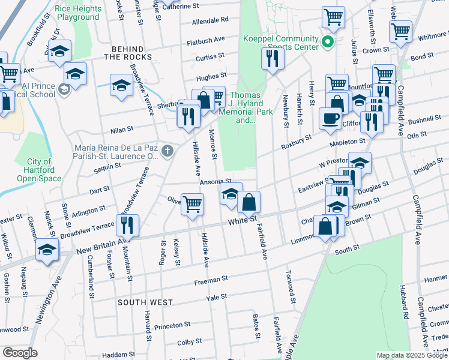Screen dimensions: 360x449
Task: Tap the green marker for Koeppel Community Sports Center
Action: (x=327, y=42)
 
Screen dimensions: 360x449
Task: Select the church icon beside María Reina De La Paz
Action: (x=167, y=151)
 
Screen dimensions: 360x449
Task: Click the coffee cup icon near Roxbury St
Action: (x=329, y=117)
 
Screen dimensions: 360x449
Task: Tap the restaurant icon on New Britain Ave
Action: (x=127, y=224)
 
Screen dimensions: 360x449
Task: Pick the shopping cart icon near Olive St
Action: (x=192, y=203)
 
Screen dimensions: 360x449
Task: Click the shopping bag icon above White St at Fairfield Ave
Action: (x=249, y=202)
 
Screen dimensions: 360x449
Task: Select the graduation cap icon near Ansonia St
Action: (x=231, y=193)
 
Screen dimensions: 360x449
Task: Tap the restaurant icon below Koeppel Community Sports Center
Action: (x=273, y=58)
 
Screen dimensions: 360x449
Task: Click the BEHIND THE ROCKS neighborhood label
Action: (x=128, y=52)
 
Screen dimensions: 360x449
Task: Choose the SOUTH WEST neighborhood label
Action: (x=145, y=302)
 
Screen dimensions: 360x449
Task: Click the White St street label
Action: (x=243, y=223)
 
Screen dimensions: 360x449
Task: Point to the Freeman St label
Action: (x=209, y=280)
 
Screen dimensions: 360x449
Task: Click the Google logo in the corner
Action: (x=20, y=353)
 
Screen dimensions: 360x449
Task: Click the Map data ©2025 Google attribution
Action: (x=412, y=355)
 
